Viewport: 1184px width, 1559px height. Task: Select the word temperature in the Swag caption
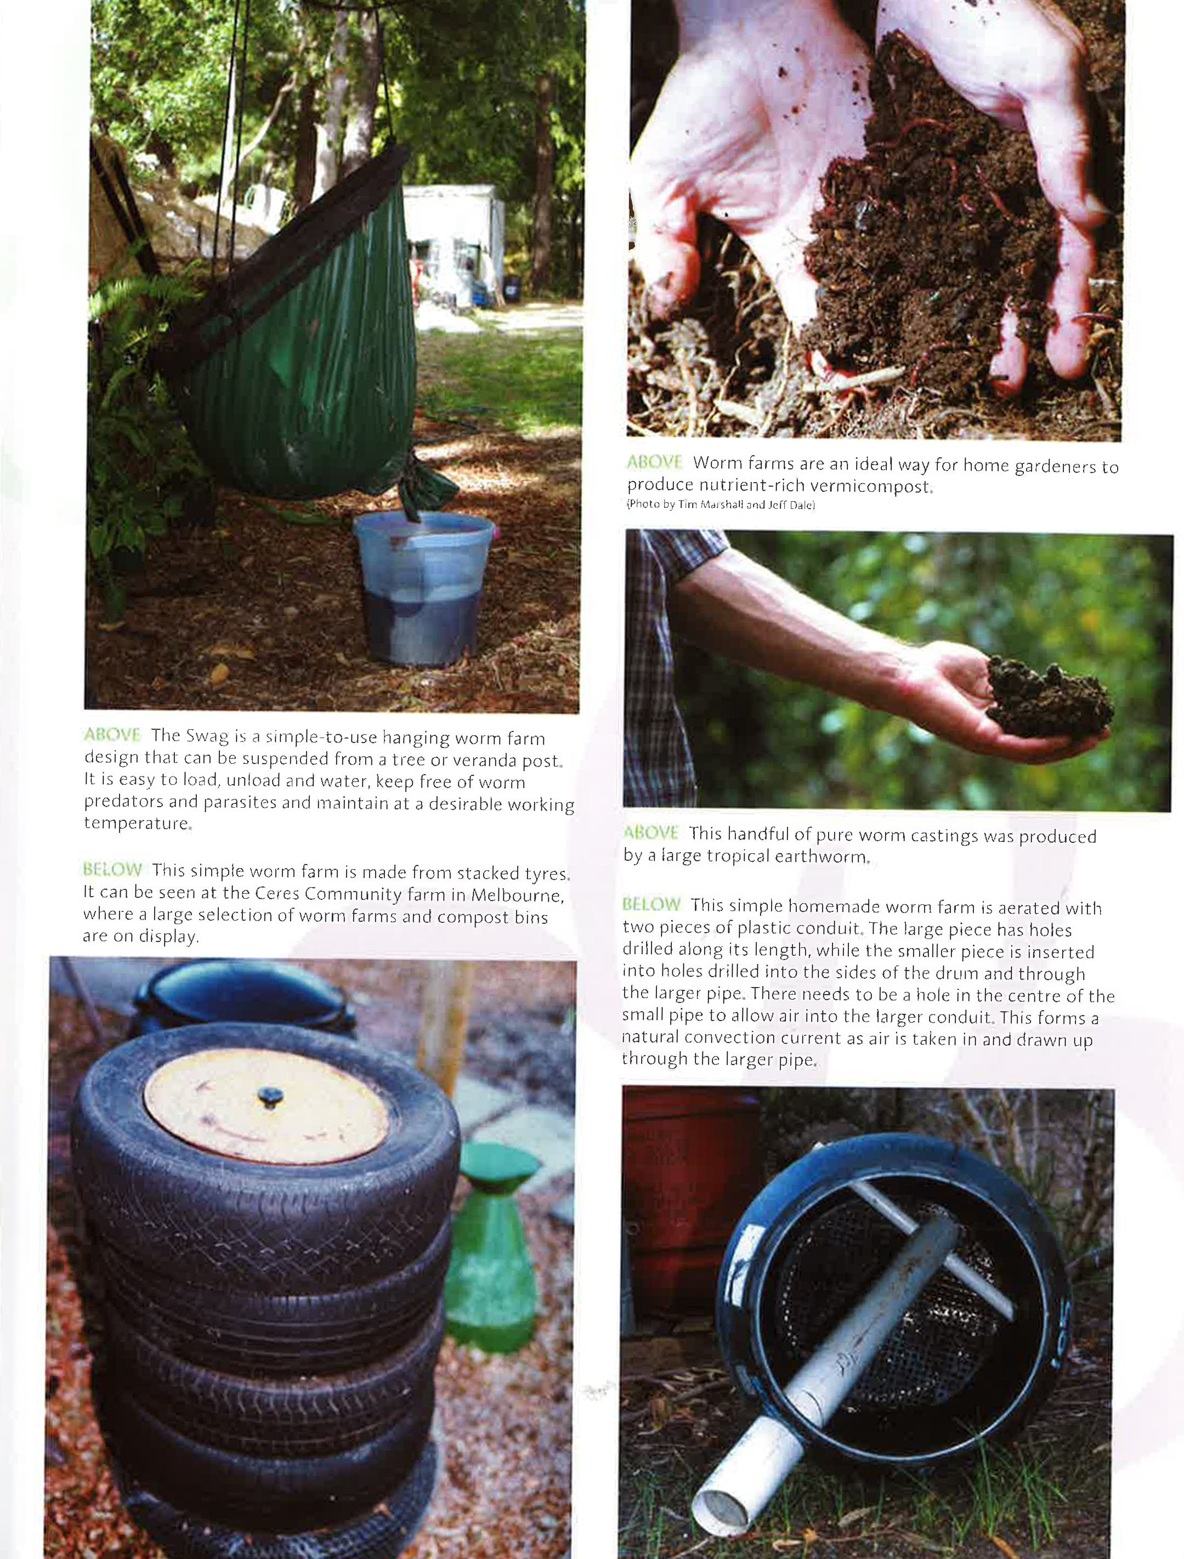[x=136, y=823]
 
